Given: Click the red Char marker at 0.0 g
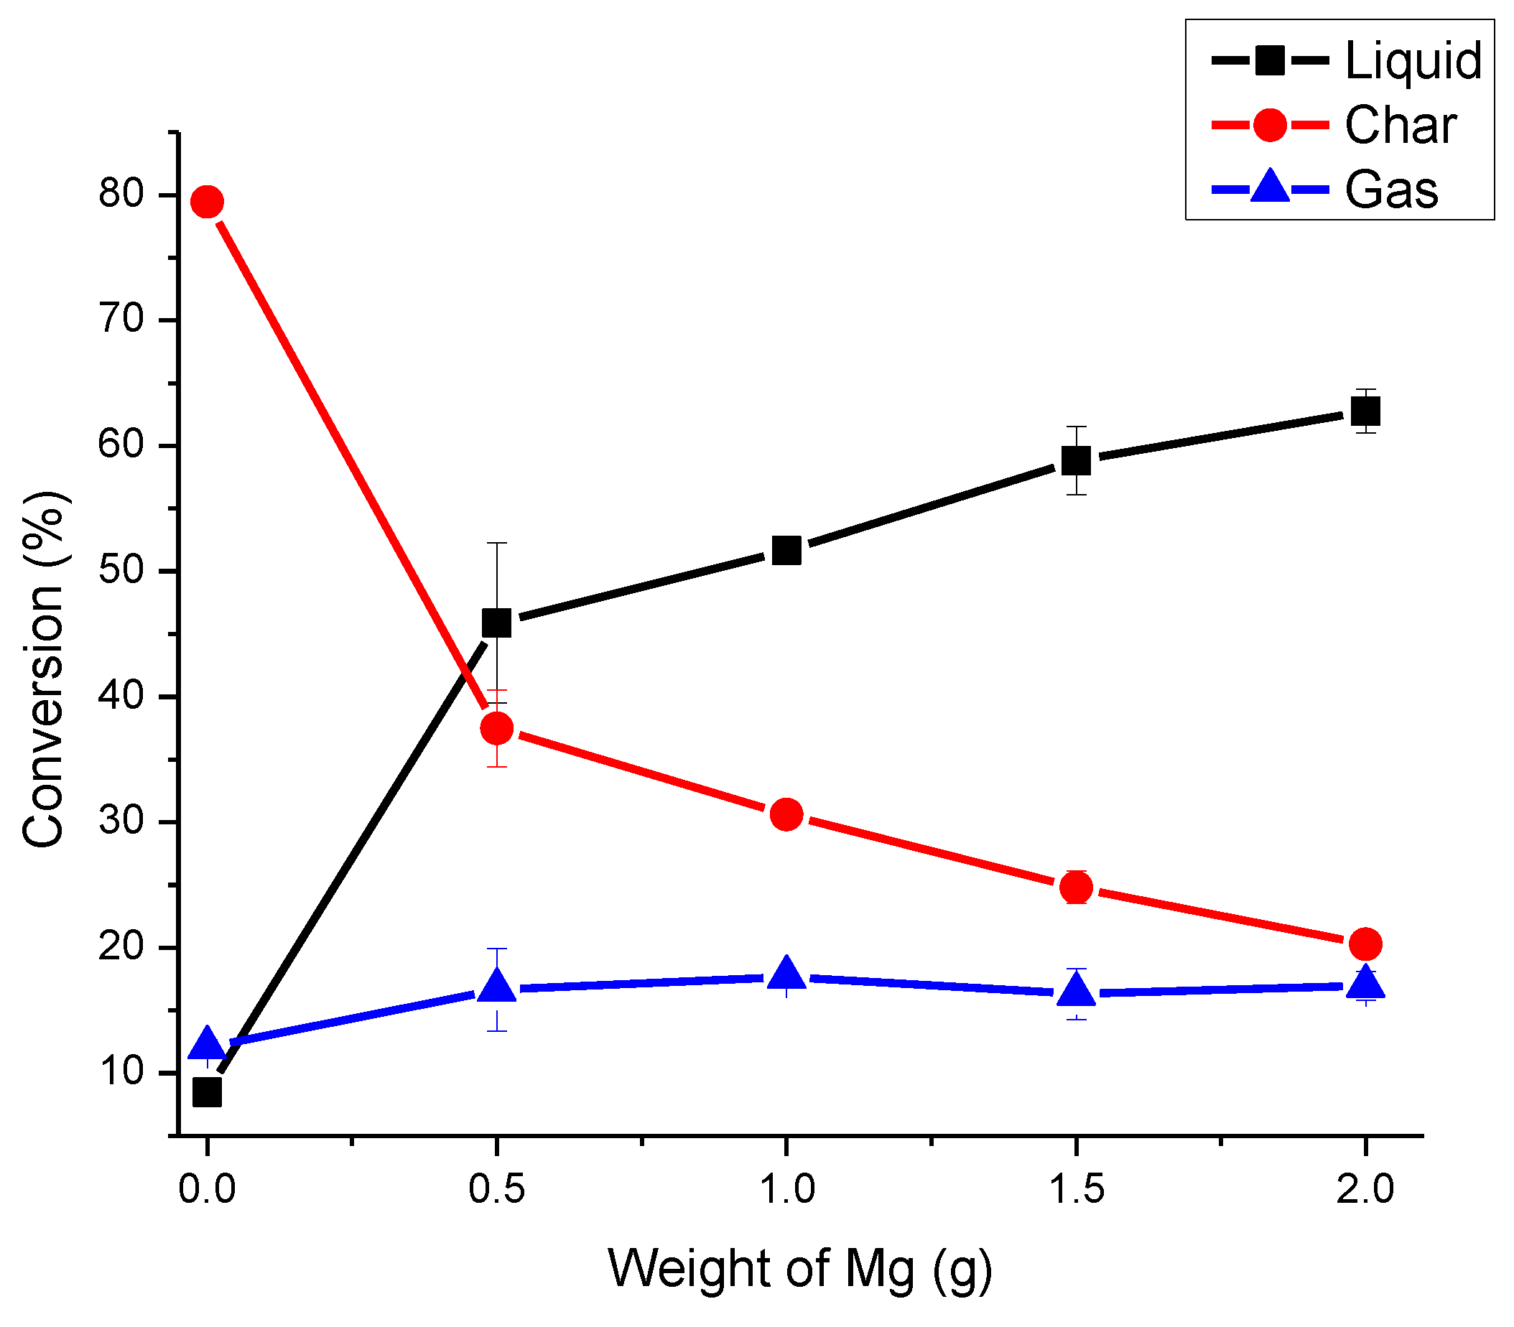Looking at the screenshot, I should tap(208, 201).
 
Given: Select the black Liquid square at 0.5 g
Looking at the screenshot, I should tap(496, 623).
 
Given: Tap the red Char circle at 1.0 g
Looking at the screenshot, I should tap(786, 814).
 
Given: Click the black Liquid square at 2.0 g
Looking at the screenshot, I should tap(1365, 411).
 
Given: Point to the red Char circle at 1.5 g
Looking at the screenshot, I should tap(1075, 887).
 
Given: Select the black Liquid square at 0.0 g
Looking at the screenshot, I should tap(208, 1092).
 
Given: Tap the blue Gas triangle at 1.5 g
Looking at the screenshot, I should tap(1075, 991).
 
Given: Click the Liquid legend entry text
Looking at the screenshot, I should tap(1413, 61).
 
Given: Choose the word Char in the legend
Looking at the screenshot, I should tap(1400, 125).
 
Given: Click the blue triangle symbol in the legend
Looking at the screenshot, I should tap(1270, 187).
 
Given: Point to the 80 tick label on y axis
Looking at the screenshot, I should tap(121, 194).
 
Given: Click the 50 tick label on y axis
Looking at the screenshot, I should tap(121, 571).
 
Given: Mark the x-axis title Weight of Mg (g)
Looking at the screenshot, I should tap(800, 1270).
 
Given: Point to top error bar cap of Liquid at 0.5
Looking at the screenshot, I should tap(496, 543).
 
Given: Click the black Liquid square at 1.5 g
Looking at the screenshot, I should tap(1075, 460).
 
